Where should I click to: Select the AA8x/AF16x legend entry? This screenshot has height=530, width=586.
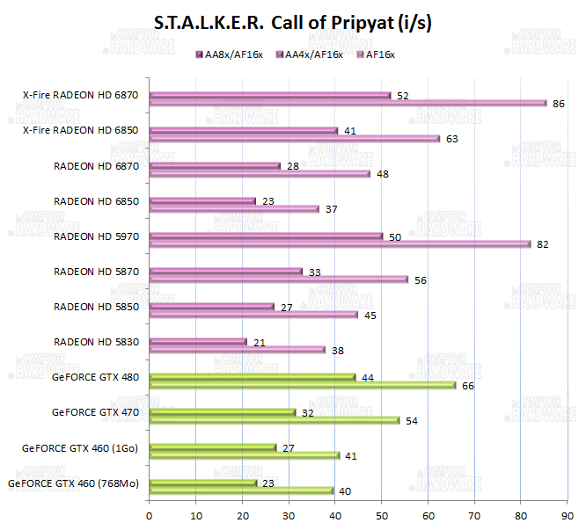[232, 55]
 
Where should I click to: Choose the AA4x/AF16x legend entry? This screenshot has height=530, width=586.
[309, 55]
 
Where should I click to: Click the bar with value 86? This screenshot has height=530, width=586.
[348, 103]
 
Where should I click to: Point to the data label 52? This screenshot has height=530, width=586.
[403, 95]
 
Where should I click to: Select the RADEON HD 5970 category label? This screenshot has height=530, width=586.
[96, 236]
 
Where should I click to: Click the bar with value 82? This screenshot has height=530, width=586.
[340, 243]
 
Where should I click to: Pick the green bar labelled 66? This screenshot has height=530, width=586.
[303, 384]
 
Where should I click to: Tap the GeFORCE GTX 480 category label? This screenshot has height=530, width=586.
[95, 377]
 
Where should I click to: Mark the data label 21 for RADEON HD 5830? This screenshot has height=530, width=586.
[259, 342]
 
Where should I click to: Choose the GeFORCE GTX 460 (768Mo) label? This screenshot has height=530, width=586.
[73, 483]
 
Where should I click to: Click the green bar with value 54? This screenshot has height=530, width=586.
[275, 419]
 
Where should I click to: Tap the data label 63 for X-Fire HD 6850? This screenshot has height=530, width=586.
[452, 138]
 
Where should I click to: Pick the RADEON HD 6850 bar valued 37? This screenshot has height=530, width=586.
[234, 208]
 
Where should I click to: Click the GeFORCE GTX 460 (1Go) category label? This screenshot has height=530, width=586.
[80, 447]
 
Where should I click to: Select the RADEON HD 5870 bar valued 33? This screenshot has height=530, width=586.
[225, 271]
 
